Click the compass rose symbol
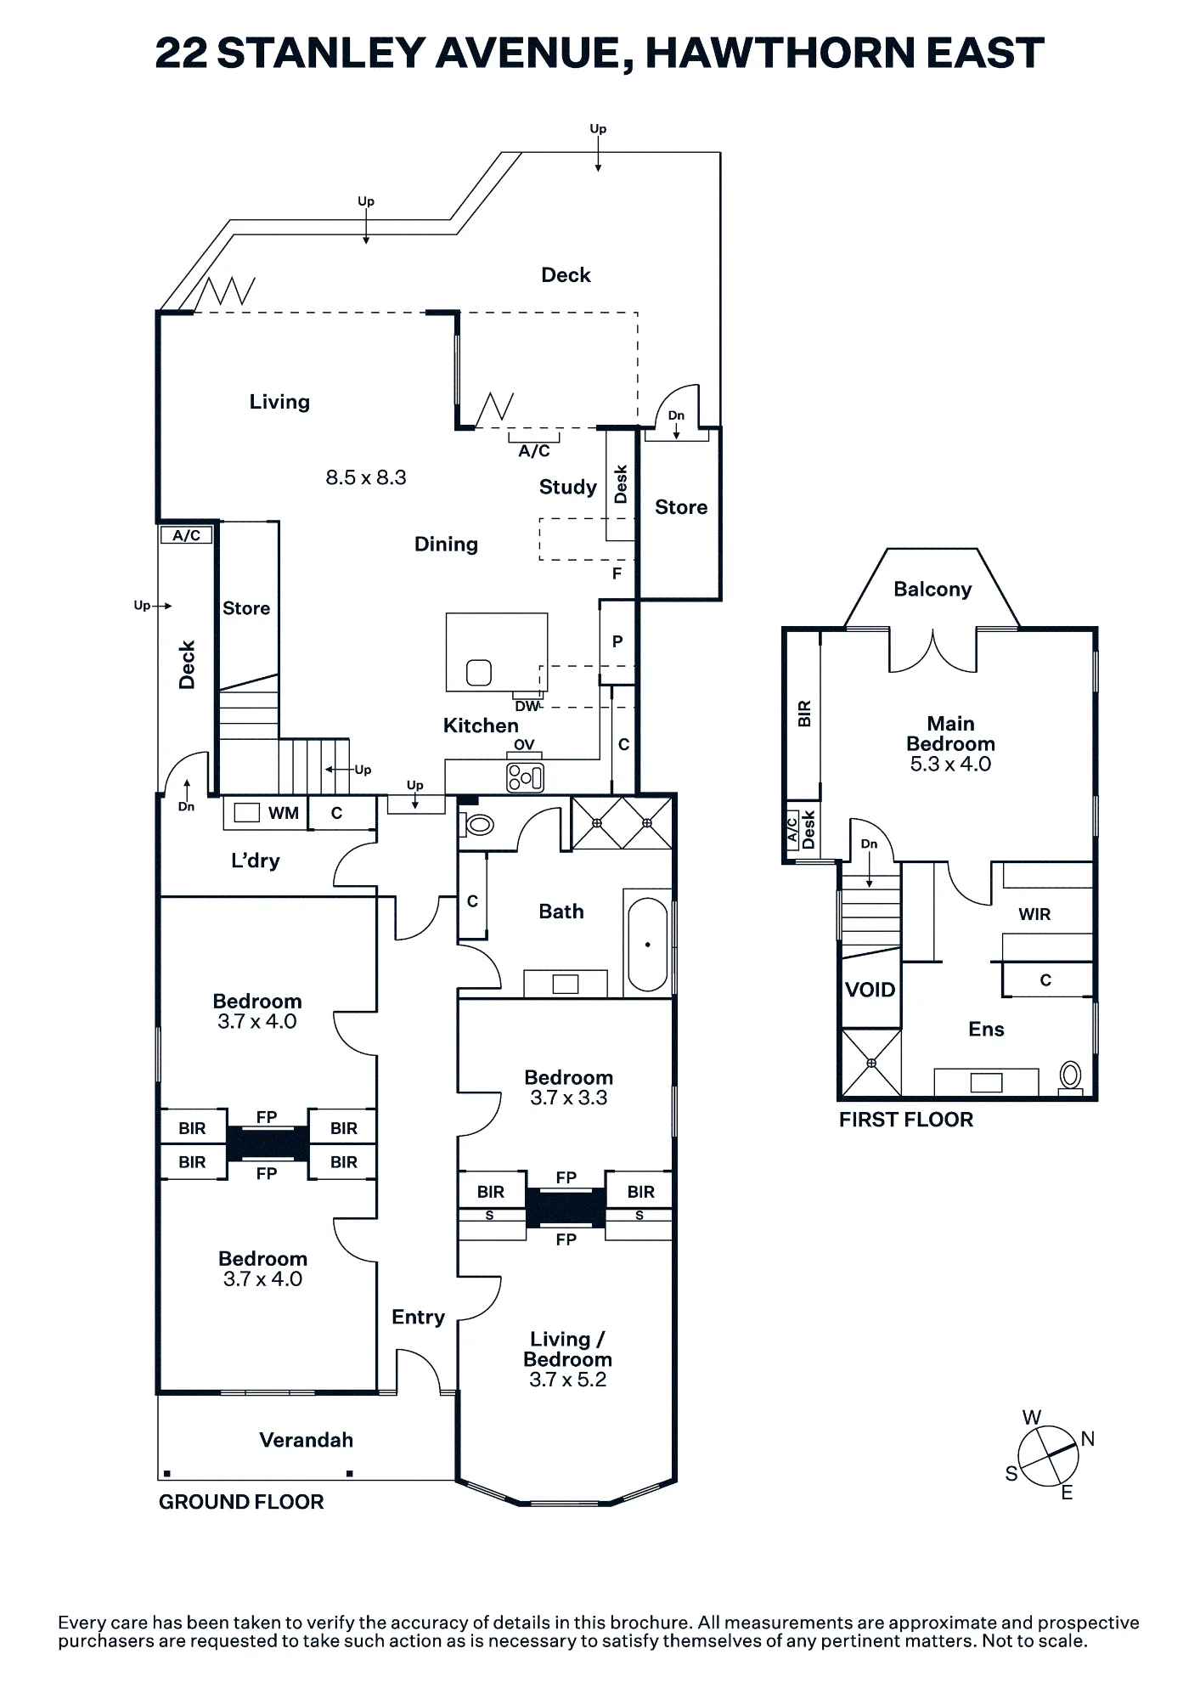[x=1049, y=1456]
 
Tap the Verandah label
[x=306, y=1440]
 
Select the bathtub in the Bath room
[x=648, y=945]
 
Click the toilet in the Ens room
[x=1070, y=1077]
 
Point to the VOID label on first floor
[x=870, y=990]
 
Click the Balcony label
[x=932, y=590]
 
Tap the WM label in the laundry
[x=284, y=813]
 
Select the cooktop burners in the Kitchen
[x=525, y=776]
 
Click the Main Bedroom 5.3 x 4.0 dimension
[x=950, y=764]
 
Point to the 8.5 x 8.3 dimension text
[x=366, y=477]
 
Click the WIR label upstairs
[x=1034, y=914]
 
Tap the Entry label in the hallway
[x=418, y=1317]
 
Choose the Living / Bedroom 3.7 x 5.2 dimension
[x=567, y=1380]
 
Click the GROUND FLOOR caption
[x=241, y=1502]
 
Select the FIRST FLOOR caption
[x=906, y=1120]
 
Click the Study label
[x=568, y=487]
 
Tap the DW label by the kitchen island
[x=527, y=706]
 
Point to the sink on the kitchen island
[x=479, y=673]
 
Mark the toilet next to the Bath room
[x=478, y=824]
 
